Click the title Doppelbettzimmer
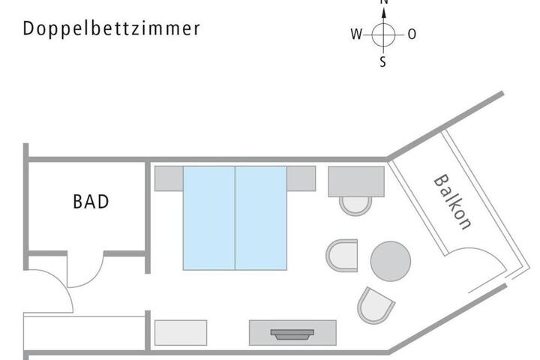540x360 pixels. coord(112,28)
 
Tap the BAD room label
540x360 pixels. coord(91,202)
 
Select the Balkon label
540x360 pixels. coord(453,202)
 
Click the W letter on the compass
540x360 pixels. coord(355,34)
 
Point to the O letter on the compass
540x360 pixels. coord(412,34)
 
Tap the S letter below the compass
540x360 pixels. coord(383,63)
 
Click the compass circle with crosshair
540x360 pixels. coord(383,34)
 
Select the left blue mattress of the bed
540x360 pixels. coord(209,217)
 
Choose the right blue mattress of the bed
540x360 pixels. coord(261,217)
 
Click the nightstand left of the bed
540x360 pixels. coord(169,178)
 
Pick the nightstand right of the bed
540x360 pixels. coord(301,178)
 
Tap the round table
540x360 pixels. coord(391,260)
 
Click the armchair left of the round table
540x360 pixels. coord(342,256)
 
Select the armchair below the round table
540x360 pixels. coord(375,304)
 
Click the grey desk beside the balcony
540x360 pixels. coord(356,181)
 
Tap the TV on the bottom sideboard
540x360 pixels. coord(292,334)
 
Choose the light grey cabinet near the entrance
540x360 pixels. coord(181,332)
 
